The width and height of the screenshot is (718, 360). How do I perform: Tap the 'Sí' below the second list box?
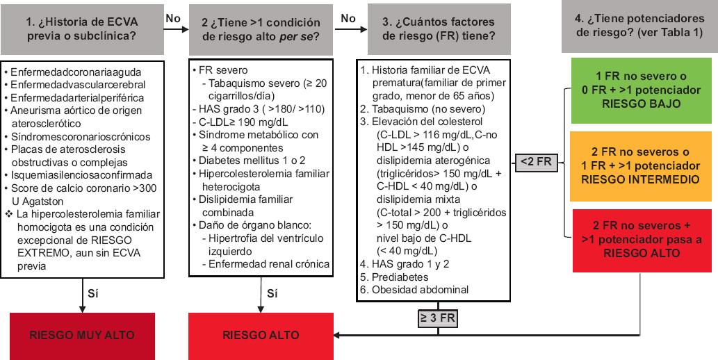tap(273, 292)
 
